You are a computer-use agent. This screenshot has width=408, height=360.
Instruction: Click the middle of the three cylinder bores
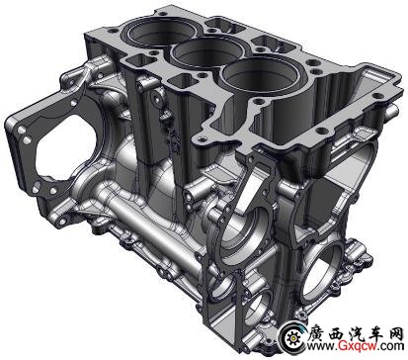(208, 53)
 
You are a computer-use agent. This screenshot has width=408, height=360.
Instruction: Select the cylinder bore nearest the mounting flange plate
(161, 31)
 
